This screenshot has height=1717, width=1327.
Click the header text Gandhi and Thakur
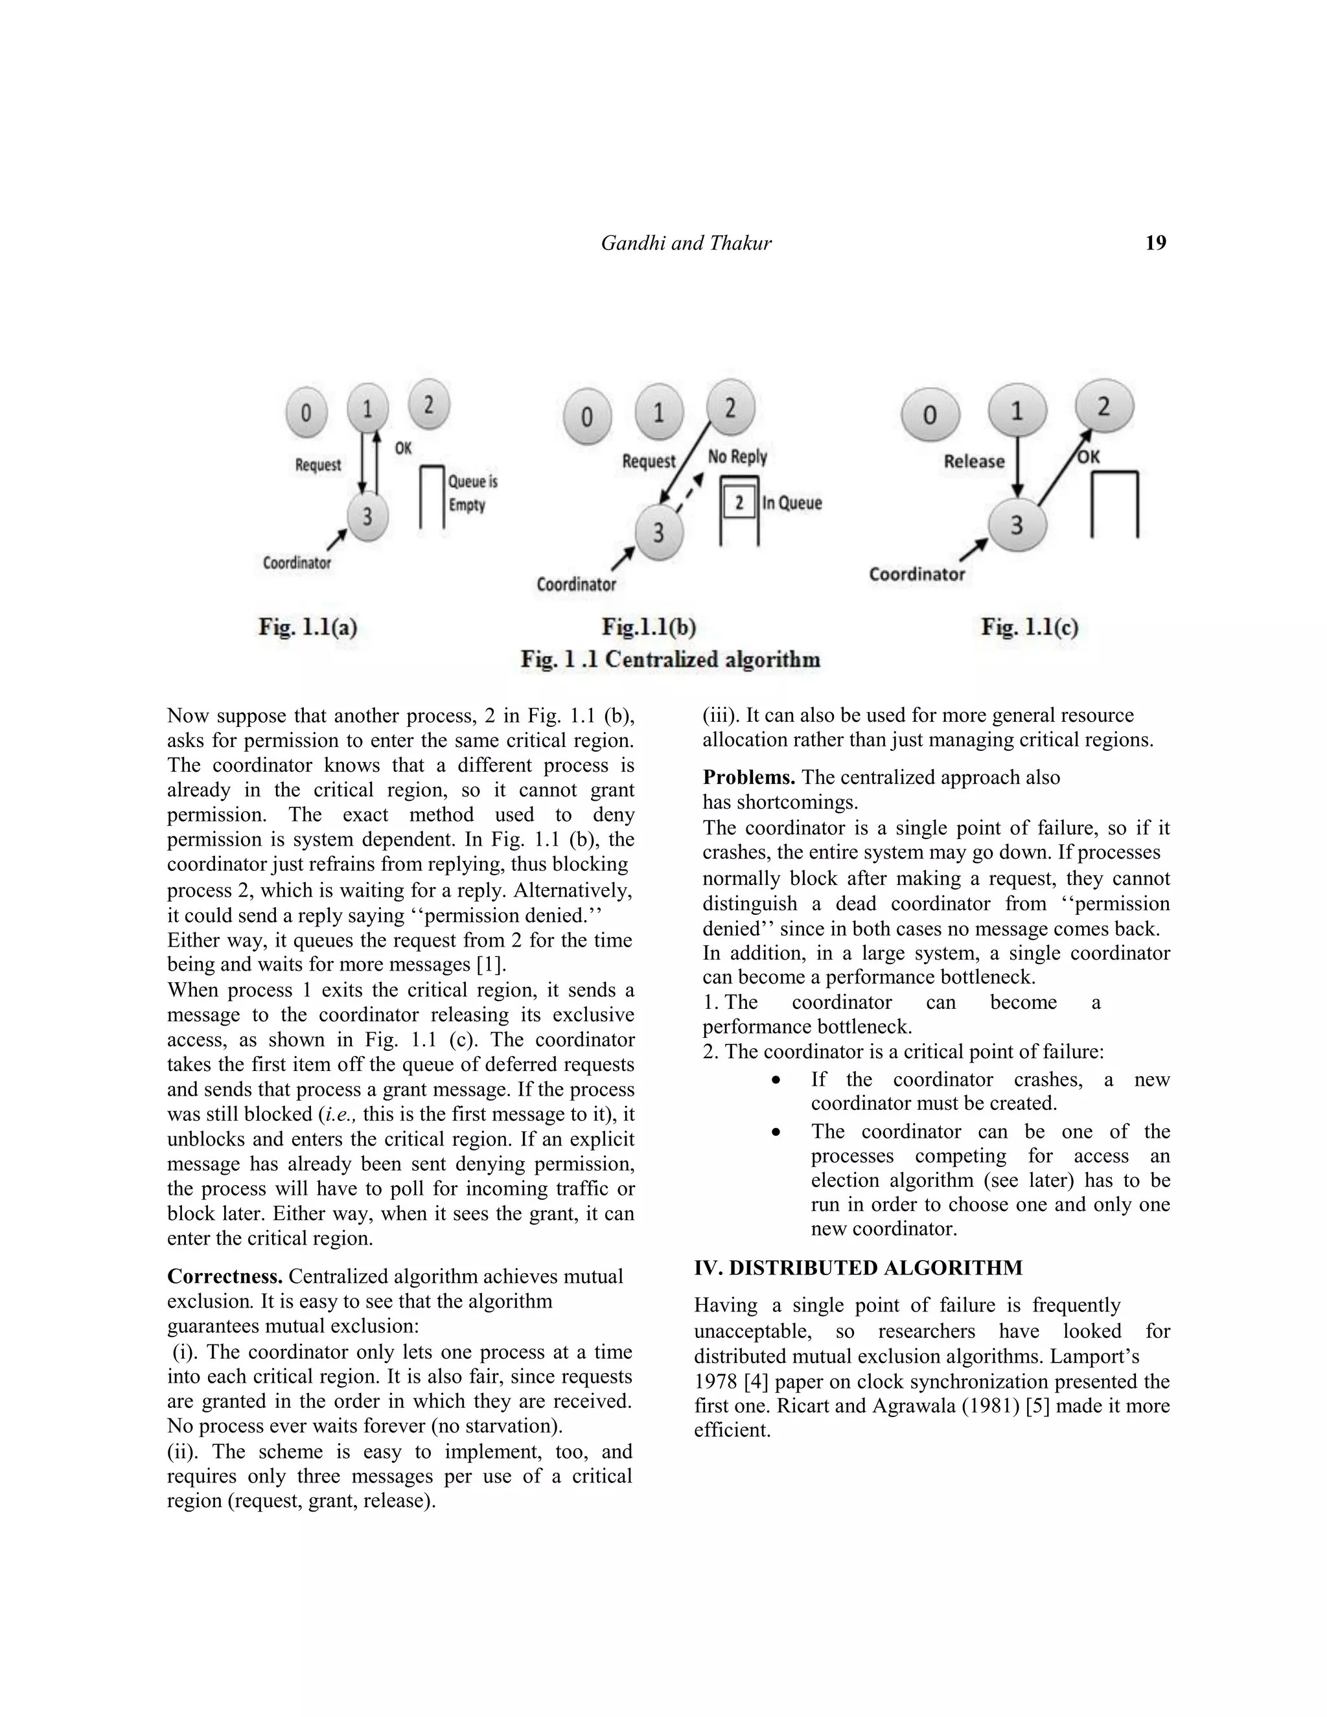[686, 243]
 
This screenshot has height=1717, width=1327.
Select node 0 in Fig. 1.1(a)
[306, 413]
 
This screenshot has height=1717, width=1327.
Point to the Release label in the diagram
[974, 461]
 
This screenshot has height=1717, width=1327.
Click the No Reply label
[737, 457]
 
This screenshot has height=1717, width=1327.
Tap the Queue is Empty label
[472, 493]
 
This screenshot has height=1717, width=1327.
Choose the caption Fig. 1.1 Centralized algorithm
[670, 659]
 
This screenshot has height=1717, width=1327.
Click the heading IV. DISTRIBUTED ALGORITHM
[859, 1268]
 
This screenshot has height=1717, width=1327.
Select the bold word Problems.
[748, 778]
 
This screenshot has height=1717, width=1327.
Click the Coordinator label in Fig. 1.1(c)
[917, 574]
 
